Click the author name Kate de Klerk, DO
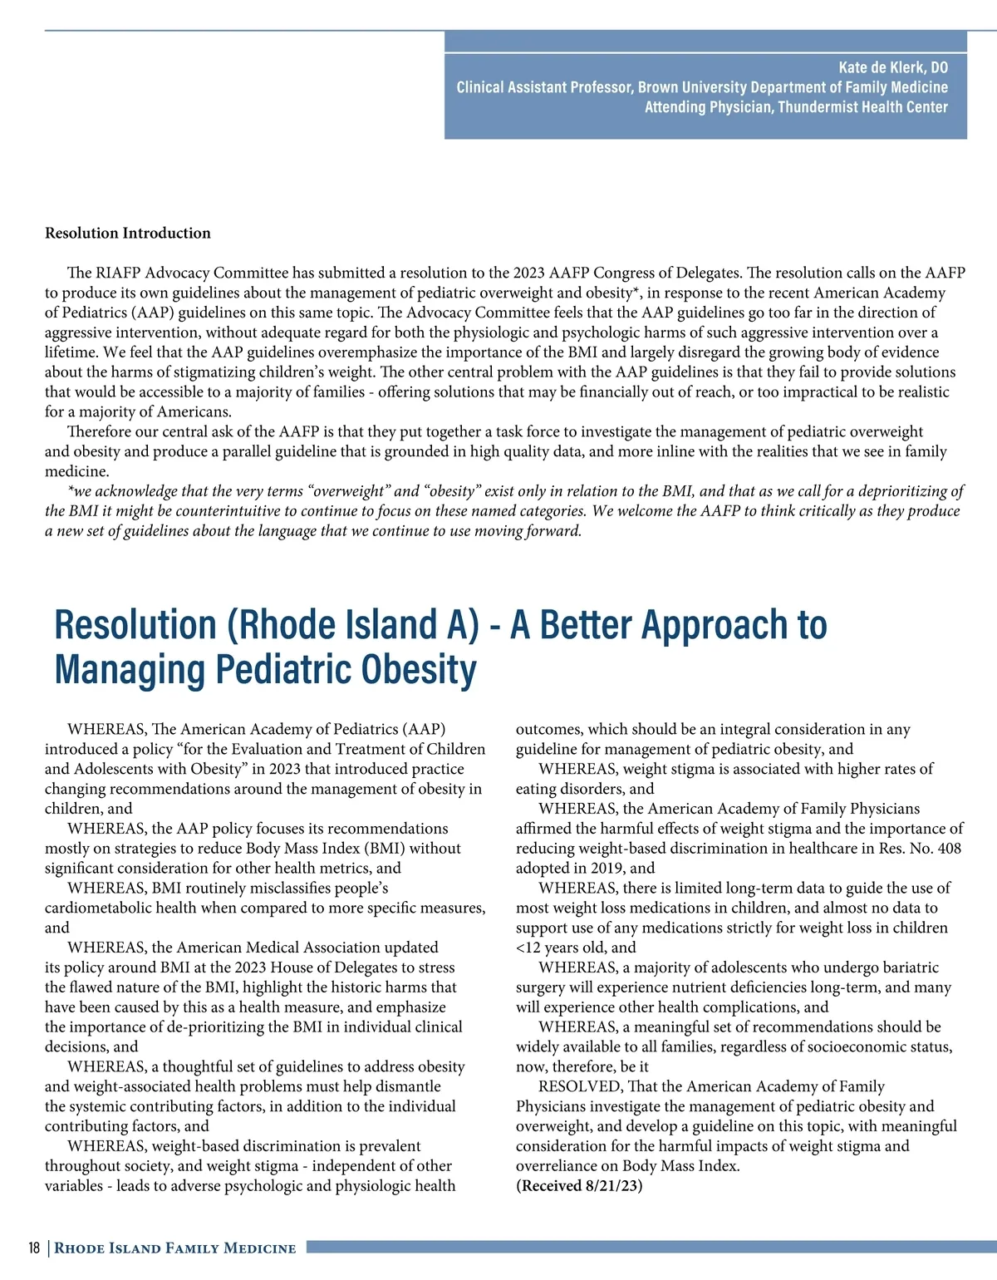coord(892,68)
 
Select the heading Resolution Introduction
coord(128,234)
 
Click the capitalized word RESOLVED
coord(580,1086)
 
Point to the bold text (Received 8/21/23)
coord(579,1186)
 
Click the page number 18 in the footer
coord(34,1248)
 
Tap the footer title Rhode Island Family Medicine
coord(175,1248)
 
